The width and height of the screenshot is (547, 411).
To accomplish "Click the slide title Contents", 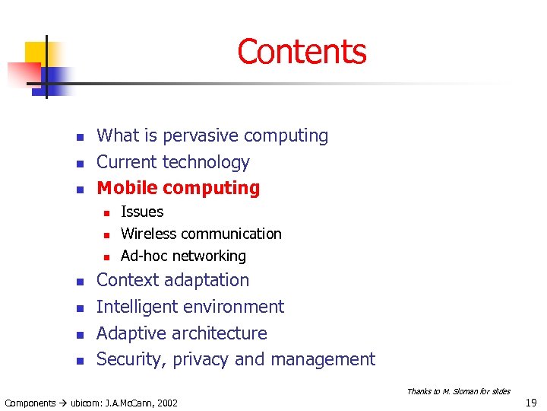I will [x=302, y=52].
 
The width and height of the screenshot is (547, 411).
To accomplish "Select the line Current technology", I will [x=172, y=162].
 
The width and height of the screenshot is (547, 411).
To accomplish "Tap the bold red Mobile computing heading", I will [x=178, y=188].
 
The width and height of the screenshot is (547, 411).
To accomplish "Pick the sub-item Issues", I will [x=142, y=212].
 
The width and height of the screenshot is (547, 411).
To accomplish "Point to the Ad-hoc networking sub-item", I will [x=183, y=256].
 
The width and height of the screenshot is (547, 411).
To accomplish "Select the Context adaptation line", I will [x=172, y=280].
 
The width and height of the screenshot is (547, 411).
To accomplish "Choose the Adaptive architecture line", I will [x=182, y=333].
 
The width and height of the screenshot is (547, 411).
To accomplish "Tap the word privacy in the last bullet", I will [x=203, y=360].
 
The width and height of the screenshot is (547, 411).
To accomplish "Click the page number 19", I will [x=532, y=403].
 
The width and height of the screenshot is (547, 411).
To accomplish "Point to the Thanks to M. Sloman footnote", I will [x=458, y=391].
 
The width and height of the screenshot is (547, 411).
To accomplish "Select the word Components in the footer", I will [x=30, y=403].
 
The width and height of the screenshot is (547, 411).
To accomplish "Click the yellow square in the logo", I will [x=37, y=53].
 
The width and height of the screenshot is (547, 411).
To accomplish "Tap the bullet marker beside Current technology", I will [x=78, y=163].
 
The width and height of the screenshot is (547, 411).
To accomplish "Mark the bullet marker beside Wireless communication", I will [x=107, y=234].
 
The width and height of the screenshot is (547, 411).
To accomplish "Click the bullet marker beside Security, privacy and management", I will [x=78, y=360].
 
